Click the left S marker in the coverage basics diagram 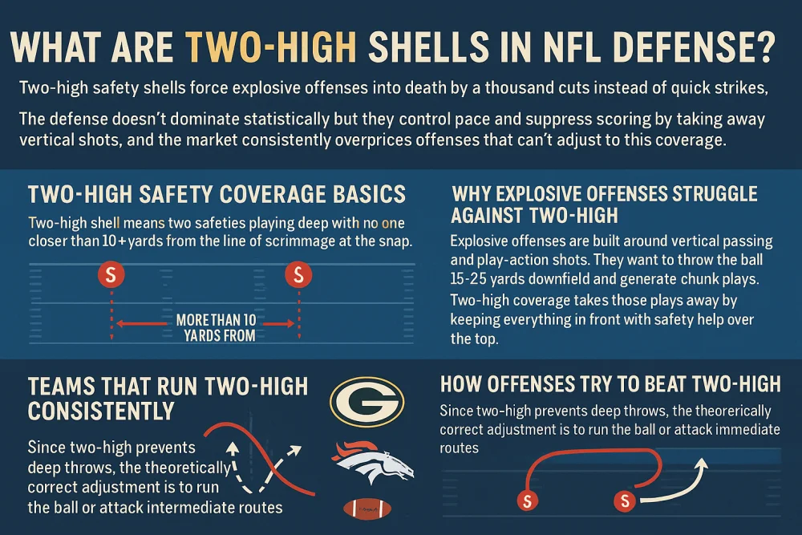(x=111, y=275)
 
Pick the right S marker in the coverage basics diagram (x=298, y=275)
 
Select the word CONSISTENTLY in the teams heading (x=101, y=411)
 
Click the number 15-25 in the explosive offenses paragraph (x=472, y=276)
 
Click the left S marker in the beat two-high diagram (x=527, y=501)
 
